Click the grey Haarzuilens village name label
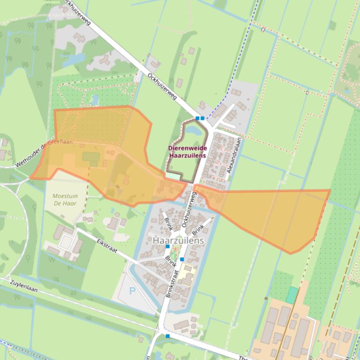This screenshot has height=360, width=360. (178, 240)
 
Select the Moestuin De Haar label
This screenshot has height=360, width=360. (65, 197)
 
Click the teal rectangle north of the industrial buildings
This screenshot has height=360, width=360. (292, 295)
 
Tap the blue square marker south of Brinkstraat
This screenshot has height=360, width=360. (167, 336)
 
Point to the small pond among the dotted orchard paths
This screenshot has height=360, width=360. (95, 100)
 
